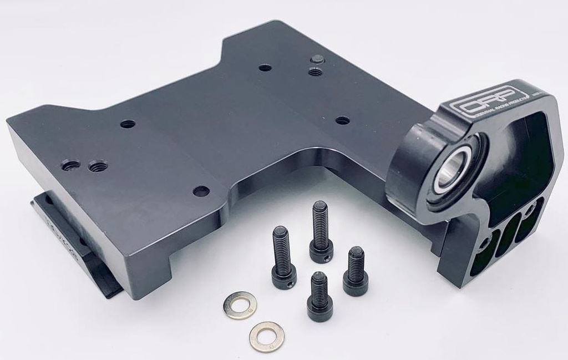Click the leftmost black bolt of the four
click(x=283, y=258)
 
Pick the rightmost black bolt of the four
click(x=356, y=271)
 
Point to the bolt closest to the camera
click(x=319, y=297)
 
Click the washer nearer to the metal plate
click(x=240, y=305)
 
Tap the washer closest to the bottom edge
click(x=266, y=337)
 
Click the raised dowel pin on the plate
click(x=317, y=59)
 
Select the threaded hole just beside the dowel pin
click(x=315, y=71)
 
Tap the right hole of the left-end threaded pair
click(x=98, y=165)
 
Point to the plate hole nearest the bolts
click(x=201, y=191)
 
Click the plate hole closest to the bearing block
click(x=343, y=120)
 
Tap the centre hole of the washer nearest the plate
click(x=240, y=305)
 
